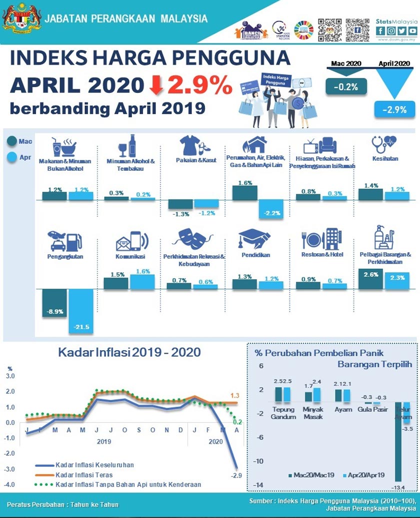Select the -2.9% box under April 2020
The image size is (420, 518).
394,109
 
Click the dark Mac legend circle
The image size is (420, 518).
12,142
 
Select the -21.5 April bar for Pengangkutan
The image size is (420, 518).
81,312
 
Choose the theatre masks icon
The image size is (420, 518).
191,239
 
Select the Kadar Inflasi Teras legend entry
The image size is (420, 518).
83,475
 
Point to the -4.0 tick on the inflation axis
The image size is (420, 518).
10,485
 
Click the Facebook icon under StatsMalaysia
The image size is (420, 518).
380,30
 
